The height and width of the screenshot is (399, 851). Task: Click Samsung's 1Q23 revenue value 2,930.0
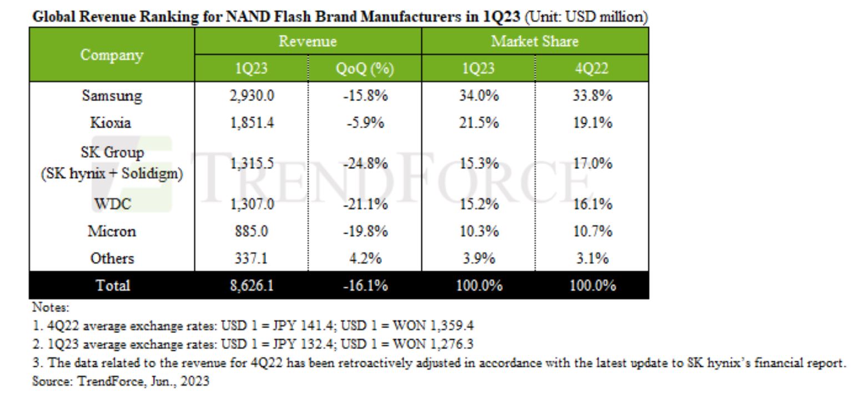(x=252, y=96)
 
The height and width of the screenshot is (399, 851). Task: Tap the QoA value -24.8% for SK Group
(x=365, y=164)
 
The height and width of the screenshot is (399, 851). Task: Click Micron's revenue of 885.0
(x=253, y=231)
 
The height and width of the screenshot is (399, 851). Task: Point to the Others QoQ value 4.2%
(x=365, y=258)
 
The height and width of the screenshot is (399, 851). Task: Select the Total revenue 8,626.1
(x=252, y=286)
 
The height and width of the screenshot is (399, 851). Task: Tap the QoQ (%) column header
(x=365, y=69)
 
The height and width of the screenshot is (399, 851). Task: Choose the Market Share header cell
(x=535, y=42)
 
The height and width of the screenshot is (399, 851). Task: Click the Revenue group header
(x=308, y=42)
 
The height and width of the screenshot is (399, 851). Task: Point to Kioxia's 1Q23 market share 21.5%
(x=478, y=123)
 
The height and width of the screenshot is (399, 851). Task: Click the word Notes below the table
(x=48, y=306)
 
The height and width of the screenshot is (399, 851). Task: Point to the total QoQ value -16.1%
(x=365, y=286)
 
